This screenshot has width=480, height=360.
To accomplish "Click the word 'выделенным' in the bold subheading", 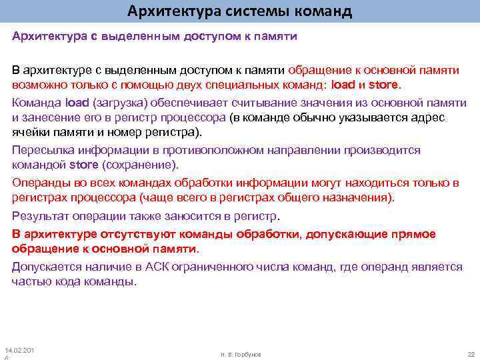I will [x=141, y=35].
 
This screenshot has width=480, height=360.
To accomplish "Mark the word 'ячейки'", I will [x=31, y=131].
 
